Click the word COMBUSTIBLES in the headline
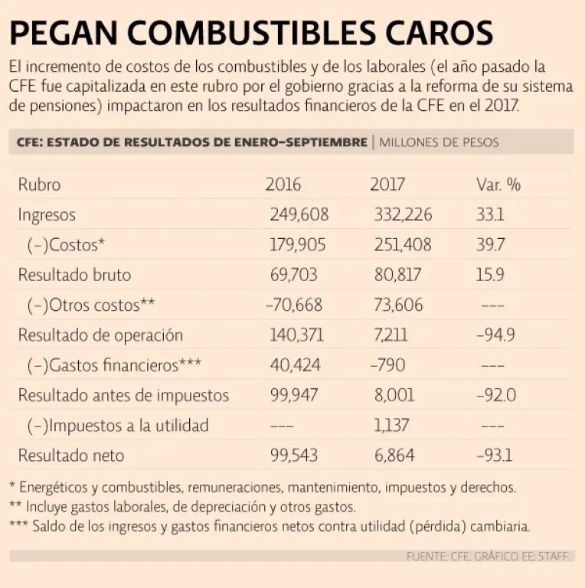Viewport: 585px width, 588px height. pyautogui.click(x=251, y=33)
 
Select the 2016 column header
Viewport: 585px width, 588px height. pyautogui.click(x=283, y=185)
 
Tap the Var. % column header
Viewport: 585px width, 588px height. pyautogui.click(x=498, y=185)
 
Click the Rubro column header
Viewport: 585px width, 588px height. pyautogui.click(x=39, y=185)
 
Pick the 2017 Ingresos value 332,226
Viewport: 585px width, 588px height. pyautogui.click(x=403, y=214)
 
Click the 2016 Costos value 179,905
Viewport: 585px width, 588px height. pyautogui.click(x=298, y=245)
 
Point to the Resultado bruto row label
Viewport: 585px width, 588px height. pyautogui.click(x=74, y=275)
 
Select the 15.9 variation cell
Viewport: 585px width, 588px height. pyautogui.click(x=490, y=275)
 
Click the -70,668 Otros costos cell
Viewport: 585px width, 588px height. pyautogui.click(x=294, y=305)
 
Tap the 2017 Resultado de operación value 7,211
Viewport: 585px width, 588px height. pyautogui.click(x=391, y=335)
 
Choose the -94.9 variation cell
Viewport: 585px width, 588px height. pyautogui.click(x=495, y=335)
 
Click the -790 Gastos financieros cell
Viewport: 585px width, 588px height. pyautogui.click(x=387, y=365)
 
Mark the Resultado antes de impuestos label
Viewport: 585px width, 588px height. pyautogui.click(x=123, y=395)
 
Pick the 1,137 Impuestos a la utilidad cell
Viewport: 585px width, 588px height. pyautogui.click(x=391, y=425)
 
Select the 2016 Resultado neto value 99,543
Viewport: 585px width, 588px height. pyautogui.click(x=294, y=456)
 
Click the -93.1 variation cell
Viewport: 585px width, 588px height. pyautogui.click(x=494, y=456)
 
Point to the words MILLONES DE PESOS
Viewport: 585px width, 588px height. pyautogui.click(x=439, y=142)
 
